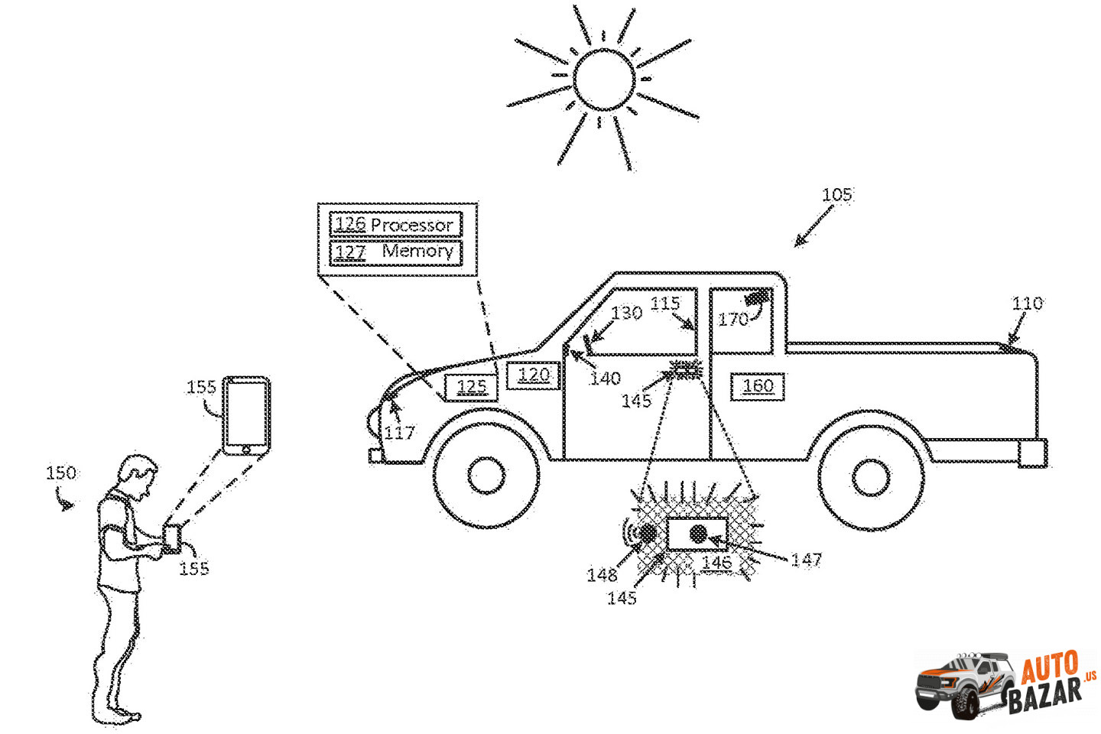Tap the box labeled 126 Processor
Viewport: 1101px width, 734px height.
[x=395, y=224]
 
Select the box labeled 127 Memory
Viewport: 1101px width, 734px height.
[x=395, y=252]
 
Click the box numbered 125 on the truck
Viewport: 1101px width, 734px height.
[x=471, y=387]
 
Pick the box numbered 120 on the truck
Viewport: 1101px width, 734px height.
[x=534, y=375]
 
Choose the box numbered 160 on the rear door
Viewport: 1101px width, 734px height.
[x=758, y=386]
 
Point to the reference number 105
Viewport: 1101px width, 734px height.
[x=836, y=194]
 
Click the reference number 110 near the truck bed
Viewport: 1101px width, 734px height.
[x=1027, y=304]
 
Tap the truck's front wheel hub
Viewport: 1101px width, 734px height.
[x=486, y=476]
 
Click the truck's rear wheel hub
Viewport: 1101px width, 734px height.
[x=871, y=478]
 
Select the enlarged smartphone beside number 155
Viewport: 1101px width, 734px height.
[x=246, y=415]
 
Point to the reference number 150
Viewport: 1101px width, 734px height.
[x=61, y=473]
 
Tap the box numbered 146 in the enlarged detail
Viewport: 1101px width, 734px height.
[x=697, y=534]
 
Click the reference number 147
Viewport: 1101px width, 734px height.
[x=806, y=560]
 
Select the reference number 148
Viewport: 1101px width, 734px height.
[x=602, y=574]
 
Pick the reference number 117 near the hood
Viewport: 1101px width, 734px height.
[x=399, y=433]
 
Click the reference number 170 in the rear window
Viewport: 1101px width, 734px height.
[x=732, y=319]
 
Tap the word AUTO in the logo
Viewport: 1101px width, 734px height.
[x=1050, y=667]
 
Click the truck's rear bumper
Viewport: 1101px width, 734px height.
[x=1033, y=453]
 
